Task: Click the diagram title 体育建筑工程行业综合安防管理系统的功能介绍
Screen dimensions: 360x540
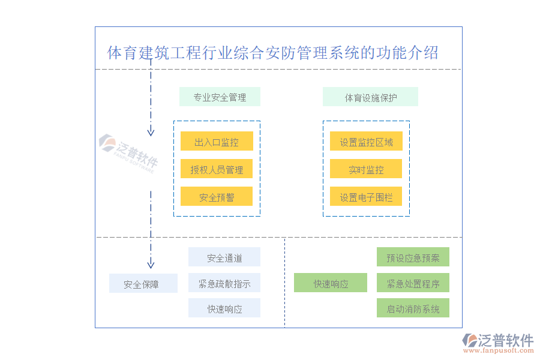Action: pyautogui.click(x=272, y=53)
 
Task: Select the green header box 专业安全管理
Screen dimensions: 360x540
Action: pyautogui.click(x=220, y=97)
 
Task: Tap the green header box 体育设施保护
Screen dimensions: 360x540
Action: pyautogui.click(x=370, y=97)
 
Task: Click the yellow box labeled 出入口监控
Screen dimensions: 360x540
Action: pyautogui.click(x=217, y=142)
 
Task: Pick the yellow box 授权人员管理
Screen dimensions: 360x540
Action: pyautogui.click(x=217, y=169)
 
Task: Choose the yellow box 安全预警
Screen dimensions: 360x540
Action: pyautogui.click(x=217, y=197)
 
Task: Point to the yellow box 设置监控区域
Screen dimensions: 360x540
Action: pyautogui.click(x=366, y=142)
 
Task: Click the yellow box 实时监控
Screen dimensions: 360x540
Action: pyautogui.click(x=366, y=169)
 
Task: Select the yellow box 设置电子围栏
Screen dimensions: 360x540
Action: pyautogui.click(x=366, y=197)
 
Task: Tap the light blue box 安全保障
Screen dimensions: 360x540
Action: pyautogui.click(x=143, y=284)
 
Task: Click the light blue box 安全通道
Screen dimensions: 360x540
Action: pyautogui.click(x=224, y=257)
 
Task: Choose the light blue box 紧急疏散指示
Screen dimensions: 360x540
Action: pyautogui.click(x=224, y=283)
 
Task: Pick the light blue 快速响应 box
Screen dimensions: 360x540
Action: pyautogui.click(x=224, y=309)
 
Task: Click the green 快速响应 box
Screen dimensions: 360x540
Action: pyautogui.click(x=331, y=283)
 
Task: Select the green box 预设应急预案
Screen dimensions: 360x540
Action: pyautogui.click(x=413, y=257)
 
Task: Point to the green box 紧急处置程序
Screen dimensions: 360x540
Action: pyautogui.click(x=413, y=283)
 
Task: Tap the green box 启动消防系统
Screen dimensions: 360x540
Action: pyautogui.click(x=413, y=309)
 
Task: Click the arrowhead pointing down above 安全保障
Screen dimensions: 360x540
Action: pyautogui.click(x=151, y=263)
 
